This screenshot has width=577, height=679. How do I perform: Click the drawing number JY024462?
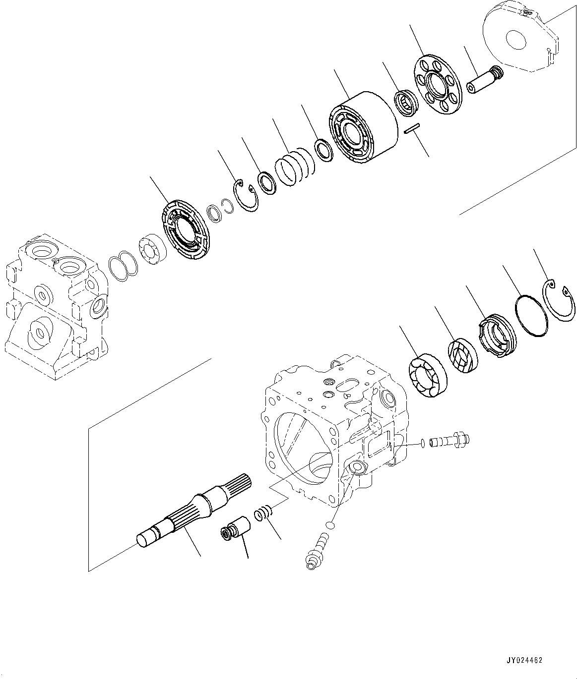click(x=524, y=660)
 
